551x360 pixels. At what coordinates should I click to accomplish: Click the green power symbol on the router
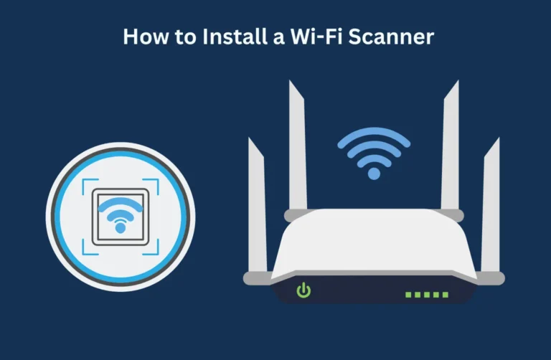(304, 290)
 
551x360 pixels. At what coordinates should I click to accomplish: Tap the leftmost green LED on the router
(409, 294)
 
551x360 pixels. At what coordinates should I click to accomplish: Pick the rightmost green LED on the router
(446, 294)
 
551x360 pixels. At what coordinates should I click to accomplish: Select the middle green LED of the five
(428, 294)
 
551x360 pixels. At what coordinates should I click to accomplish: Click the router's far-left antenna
(256, 208)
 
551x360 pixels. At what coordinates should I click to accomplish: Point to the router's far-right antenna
(491, 208)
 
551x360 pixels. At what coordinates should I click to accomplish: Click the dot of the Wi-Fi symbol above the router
(373, 174)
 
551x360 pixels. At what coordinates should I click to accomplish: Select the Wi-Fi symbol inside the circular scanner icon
(120, 214)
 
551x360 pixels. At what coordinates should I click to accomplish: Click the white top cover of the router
(373, 247)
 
